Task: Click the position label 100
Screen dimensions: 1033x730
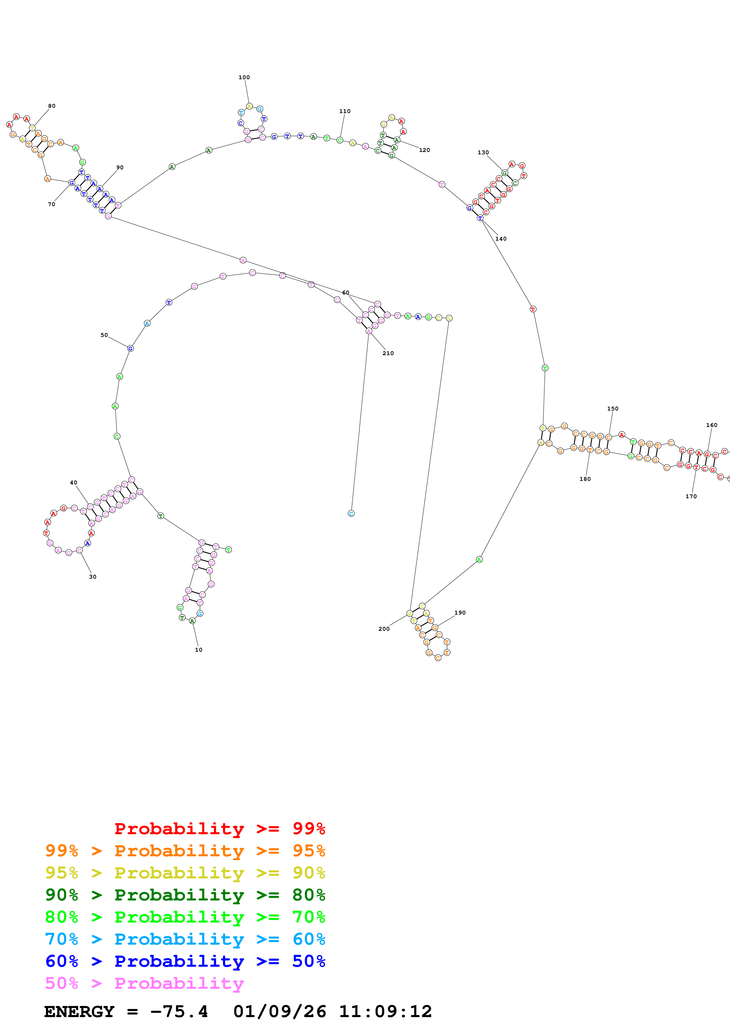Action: pyautogui.click(x=244, y=77)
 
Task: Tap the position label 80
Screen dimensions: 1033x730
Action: pyautogui.click(x=52, y=106)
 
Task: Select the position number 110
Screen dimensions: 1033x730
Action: pyautogui.click(x=345, y=111)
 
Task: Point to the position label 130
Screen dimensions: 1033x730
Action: pyautogui.click(x=483, y=153)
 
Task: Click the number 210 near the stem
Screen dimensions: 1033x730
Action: pyautogui.click(x=388, y=353)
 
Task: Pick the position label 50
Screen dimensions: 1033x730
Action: pyautogui.click(x=104, y=335)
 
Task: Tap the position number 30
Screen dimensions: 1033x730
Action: pyautogui.click(x=93, y=577)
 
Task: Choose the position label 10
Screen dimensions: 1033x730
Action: pyautogui.click(x=198, y=650)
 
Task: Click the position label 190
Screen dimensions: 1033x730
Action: pyautogui.click(x=460, y=613)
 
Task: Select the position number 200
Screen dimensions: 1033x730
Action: pyautogui.click(x=384, y=629)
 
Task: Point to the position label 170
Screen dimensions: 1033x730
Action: pyautogui.click(x=691, y=496)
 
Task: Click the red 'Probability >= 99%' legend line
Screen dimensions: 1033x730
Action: pyautogui.click(x=219, y=828)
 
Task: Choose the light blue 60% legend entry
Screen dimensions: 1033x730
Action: pyautogui.click(x=185, y=939)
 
